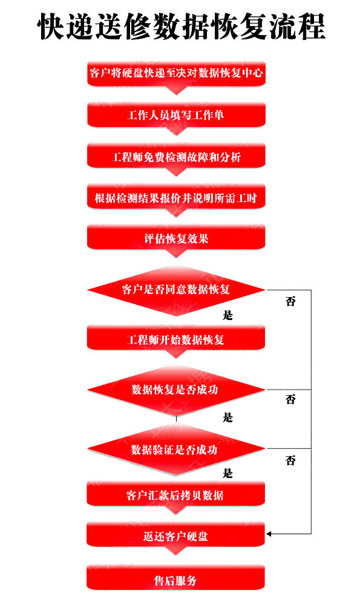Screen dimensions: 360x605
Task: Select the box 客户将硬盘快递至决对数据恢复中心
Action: coord(176,73)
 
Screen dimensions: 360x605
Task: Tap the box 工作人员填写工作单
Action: coord(176,115)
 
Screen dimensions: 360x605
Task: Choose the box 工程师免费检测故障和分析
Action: coord(176,156)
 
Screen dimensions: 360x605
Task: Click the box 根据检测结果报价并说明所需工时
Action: coord(176,197)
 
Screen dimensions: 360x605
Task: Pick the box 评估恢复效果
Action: coord(176,238)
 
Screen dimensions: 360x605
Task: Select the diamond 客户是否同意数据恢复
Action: coord(176,290)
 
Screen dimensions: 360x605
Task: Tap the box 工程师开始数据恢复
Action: coord(176,339)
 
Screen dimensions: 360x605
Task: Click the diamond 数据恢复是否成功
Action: coord(176,390)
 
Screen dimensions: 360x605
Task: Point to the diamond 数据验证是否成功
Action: coord(176,449)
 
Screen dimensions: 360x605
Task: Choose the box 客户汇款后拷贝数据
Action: coord(176,494)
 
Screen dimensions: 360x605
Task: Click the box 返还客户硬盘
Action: coord(176,535)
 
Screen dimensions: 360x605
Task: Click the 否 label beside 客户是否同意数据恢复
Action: coord(290,301)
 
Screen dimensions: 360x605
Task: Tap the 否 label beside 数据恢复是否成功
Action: coord(290,399)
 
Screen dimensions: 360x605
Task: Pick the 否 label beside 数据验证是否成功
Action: coord(290,460)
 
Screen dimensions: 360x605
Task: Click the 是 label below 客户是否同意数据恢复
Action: coord(227,315)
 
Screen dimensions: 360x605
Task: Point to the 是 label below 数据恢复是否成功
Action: coord(227,417)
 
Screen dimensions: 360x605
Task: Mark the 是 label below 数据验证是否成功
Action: coord(227,473)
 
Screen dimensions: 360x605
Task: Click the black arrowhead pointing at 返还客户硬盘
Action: coord(269,534)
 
